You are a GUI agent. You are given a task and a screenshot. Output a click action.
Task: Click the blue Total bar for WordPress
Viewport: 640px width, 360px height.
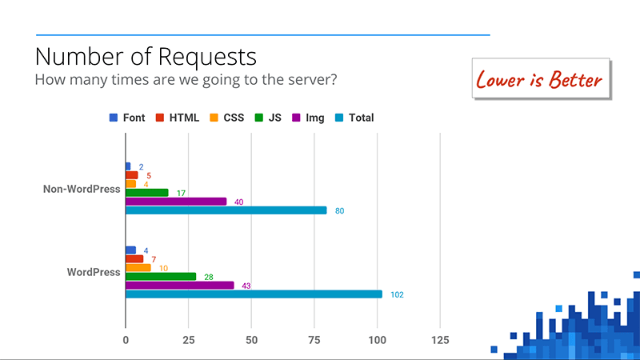click(x=254, y=294)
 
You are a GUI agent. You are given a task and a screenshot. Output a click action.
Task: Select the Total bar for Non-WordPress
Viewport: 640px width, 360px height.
click(x=226, y=210)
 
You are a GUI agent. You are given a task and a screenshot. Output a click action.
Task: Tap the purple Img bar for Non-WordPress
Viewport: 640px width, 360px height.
click(x=176, y=202)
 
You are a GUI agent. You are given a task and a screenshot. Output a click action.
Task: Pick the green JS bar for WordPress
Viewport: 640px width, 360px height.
click(x=161, y=277)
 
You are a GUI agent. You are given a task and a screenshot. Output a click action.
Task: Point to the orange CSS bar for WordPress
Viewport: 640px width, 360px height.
click(x=138, y=267)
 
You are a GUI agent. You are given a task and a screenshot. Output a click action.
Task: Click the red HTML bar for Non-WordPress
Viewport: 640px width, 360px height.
click(x=132, y=175)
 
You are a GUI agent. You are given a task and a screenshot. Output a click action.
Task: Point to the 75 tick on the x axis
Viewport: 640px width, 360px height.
click(x=314, y=341)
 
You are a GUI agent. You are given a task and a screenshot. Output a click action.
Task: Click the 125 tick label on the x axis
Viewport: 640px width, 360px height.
click(x=440, y=341)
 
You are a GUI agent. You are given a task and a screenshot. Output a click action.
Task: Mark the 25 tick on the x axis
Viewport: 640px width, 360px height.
click(x=189, y=341)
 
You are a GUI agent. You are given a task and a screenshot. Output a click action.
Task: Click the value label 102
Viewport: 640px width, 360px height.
click(x=398, y=294)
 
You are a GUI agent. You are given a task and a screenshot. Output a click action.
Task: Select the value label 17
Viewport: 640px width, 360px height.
click(x=182, y=193)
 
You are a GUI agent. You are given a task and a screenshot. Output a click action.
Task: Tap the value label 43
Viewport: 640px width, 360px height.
click(x=246, y=286)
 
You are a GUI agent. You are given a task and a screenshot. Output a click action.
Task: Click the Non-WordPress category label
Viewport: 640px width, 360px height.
click(x=82, y=190)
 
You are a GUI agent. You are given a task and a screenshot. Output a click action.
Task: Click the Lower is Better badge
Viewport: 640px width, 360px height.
click(x=539, y=79)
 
